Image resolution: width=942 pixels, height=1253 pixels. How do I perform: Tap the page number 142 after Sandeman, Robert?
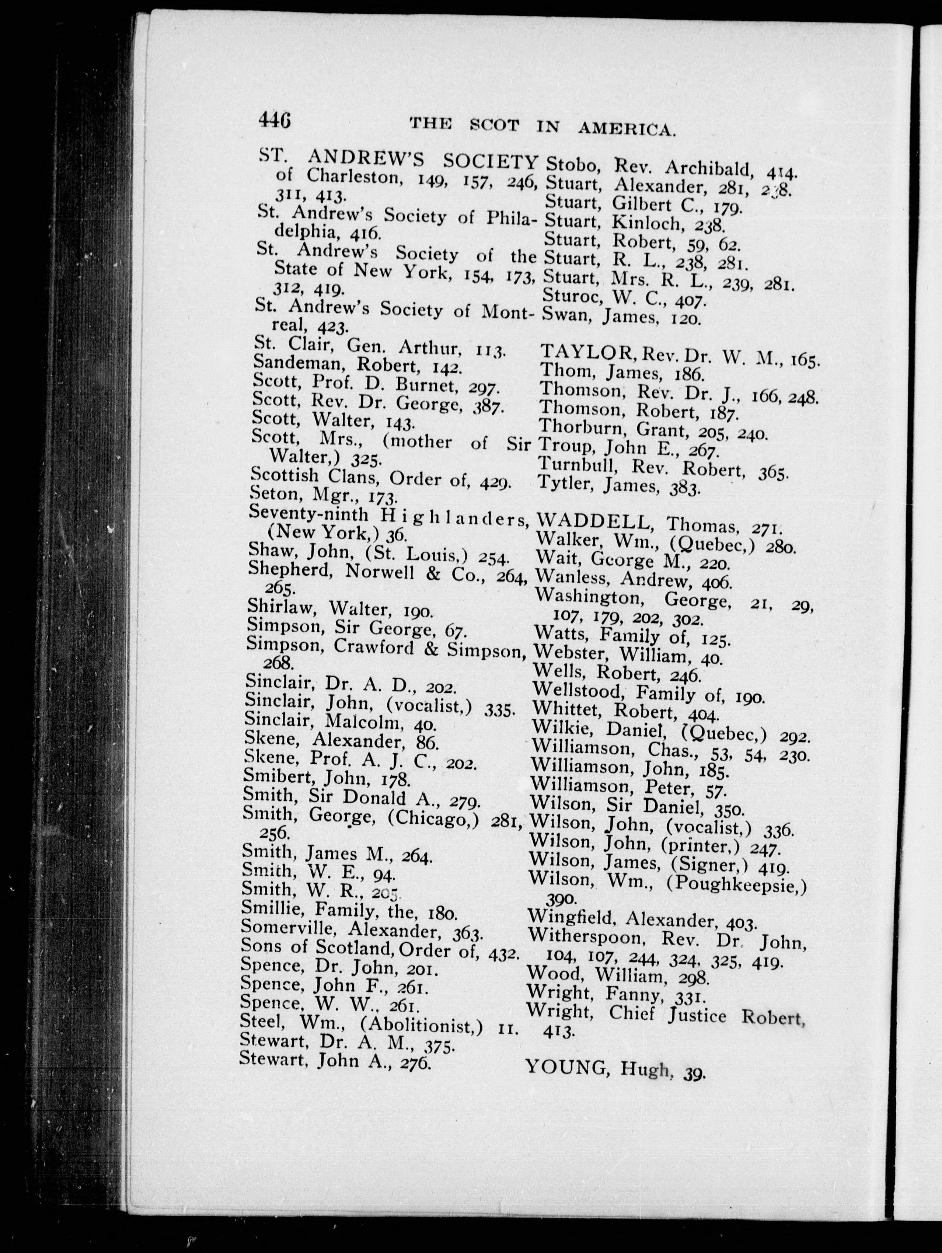tap(447, 368)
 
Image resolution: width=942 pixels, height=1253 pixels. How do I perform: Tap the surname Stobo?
tap(571, 166)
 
